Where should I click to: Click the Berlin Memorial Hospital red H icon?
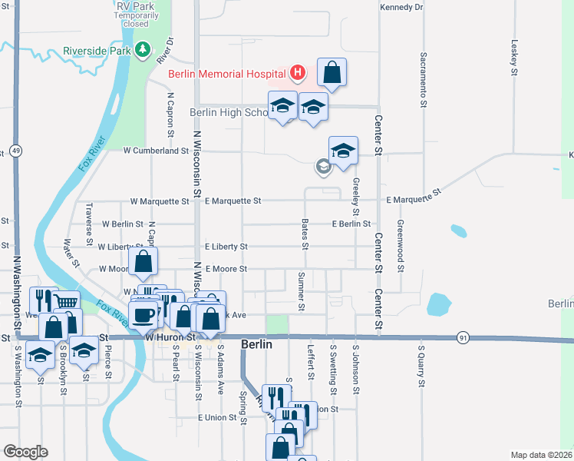(298, 74)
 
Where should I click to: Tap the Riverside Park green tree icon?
(142, 51)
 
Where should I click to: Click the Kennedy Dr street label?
(401, 7)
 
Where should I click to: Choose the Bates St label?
(305, 234)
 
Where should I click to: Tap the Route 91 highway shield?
(462, 337)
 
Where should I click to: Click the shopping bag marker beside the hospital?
(332, 73)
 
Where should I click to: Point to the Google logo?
(26, 452)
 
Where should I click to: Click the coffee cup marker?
(143, 314)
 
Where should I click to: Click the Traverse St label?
(89, 217)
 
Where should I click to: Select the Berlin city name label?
(256, 345)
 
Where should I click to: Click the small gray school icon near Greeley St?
(324, 166)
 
